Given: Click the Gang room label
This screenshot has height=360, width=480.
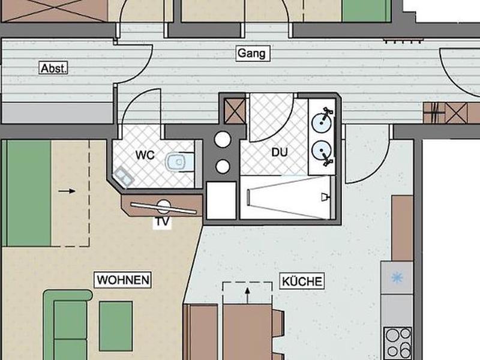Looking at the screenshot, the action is (x=253, y=53).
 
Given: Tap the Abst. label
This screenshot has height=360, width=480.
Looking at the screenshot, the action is (x=54, y=68).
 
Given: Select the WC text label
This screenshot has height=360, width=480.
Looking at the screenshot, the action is (x=145, y=155).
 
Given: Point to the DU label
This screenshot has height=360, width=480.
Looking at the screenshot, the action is (x=280, y=152).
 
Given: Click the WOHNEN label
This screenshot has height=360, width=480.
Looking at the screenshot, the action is (x=123, y=280).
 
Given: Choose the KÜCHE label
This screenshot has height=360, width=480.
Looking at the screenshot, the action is (x=302, y=281).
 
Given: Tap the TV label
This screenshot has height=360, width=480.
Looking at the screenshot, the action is (x=162, y=221).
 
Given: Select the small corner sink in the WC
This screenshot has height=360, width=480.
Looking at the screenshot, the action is (x=124, y=177).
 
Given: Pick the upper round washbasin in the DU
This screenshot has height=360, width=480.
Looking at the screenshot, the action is (x=322, y=122).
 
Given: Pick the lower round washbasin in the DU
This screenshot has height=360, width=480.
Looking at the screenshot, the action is (x=322, y=151).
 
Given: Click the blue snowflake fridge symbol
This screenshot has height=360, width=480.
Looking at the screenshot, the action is (x=397, y=278).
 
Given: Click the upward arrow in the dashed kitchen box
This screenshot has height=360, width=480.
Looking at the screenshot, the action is (x=248, y=295).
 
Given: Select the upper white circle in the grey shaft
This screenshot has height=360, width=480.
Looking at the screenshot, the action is (x=223, y=139).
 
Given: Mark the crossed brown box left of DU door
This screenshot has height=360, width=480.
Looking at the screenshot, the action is (x=235, y=111).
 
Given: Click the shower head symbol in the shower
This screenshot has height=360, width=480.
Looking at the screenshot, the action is (x=325, y=197).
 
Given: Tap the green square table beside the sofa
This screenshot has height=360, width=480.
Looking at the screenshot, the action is (x=116, y=326).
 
